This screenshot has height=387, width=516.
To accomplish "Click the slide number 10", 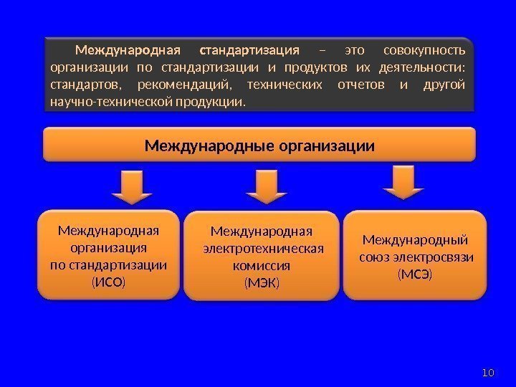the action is pos(489,372).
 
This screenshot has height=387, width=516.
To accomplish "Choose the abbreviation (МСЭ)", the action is pos(415,274).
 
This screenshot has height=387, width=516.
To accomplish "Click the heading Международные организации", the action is pos(259,146).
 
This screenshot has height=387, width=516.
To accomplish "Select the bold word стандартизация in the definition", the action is pos(249,51).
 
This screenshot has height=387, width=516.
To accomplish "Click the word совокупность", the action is pos(424,51).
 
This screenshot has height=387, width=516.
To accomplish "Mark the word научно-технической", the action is pos(107,103).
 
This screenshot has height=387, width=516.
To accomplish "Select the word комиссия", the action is pos(262,265).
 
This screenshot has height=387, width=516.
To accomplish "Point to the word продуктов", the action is pos(315,69).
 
